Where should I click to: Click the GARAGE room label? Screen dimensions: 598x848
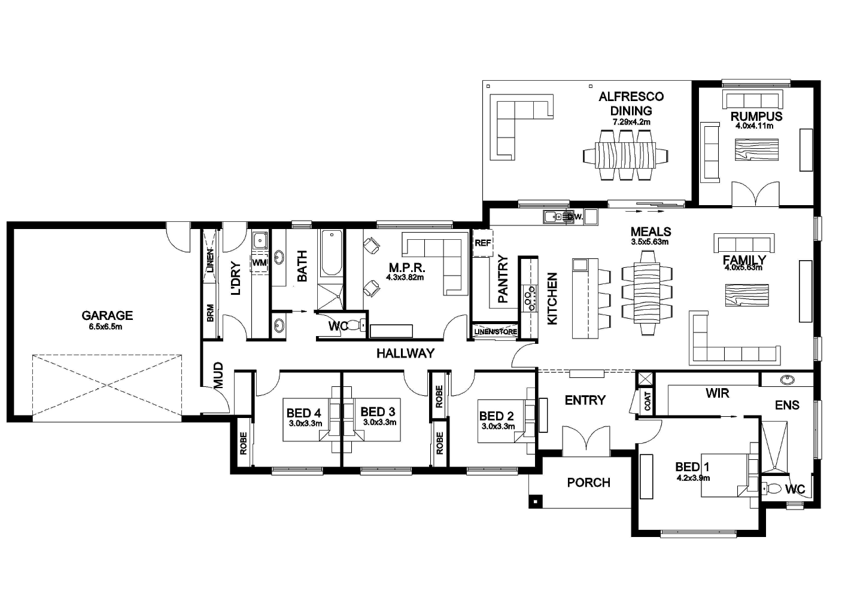(107, 315)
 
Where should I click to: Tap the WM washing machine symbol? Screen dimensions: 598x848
(259, 263)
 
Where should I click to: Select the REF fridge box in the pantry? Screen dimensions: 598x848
(482, 243)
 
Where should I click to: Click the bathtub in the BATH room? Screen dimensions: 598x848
(330, 254)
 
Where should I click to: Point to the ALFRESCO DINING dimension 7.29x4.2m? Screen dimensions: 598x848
(631, 122)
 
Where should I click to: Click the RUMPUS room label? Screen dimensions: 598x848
(756, 116)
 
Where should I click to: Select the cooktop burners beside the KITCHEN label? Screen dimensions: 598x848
(530, 297)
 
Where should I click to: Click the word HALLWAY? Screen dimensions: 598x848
(405, 353)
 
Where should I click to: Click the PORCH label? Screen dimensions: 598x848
(588, 482)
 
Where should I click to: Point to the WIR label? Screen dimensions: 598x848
(717, 393)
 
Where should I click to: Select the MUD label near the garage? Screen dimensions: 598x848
(218, 375)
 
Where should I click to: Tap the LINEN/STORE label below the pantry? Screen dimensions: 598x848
(496, 332)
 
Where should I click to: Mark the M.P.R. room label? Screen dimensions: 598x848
(406, 267)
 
